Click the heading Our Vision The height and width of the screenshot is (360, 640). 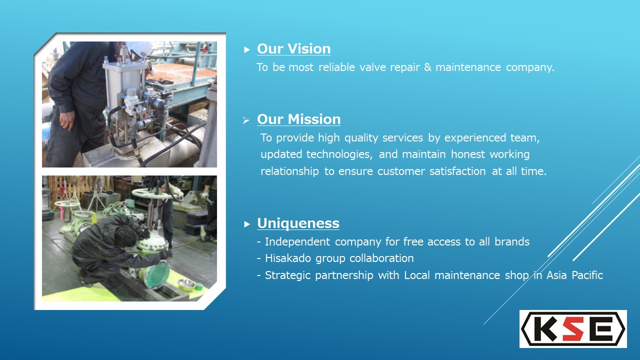click(293, 49)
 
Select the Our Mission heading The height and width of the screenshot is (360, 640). click(298, 119)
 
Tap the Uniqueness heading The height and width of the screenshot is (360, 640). click(298, 223)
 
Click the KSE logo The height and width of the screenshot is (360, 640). click(573, 329)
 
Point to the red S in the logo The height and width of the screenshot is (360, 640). click(574, 329)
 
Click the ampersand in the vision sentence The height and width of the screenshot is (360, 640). click(427, 67)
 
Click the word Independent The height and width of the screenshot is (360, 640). click(297, 242)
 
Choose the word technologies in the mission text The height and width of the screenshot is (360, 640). click(339, 154)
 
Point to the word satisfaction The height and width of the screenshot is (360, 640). click(457, 171)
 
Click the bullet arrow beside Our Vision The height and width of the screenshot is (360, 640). click(247, 50)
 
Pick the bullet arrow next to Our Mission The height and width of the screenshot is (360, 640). click(246, 120)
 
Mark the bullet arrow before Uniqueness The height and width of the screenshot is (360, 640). click(247, 224)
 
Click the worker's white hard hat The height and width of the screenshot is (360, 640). click(140, 49)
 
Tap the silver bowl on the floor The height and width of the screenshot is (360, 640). click(186, 283)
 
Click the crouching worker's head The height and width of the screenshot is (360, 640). click(125, 236)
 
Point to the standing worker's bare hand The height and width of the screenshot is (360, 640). click(67, 121)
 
